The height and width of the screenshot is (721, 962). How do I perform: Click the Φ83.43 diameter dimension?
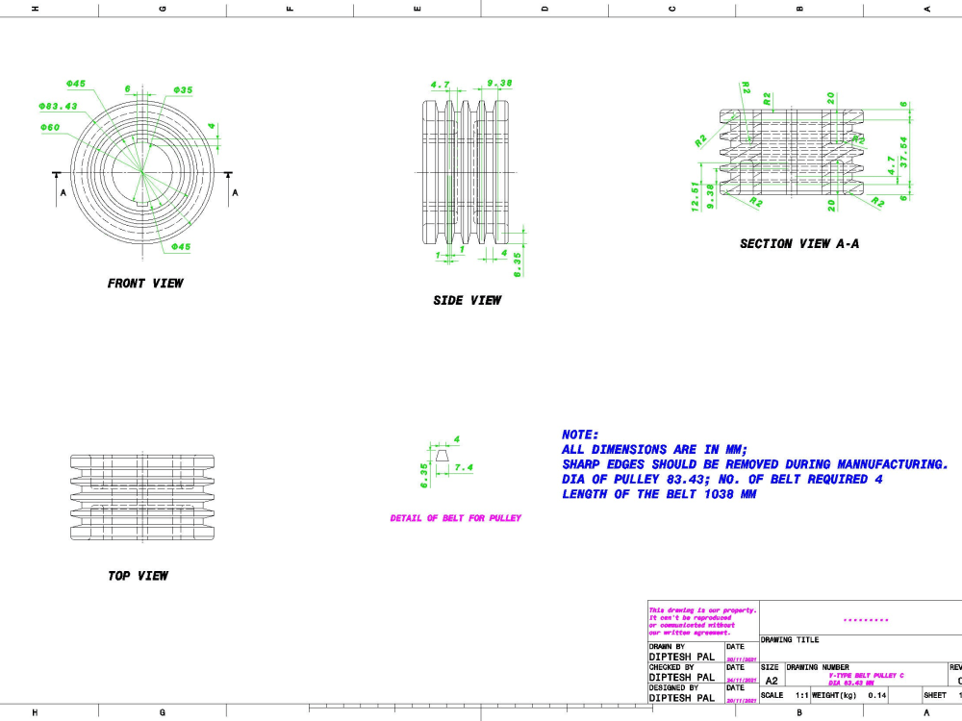click(x=58, y=106)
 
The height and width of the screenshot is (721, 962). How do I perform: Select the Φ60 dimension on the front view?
click(x=50, y=128)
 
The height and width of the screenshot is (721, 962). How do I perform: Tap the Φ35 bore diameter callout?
click(x=183, y=89)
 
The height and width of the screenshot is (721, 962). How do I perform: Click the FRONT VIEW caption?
click(x=144, y=284)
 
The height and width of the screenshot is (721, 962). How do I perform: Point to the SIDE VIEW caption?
click(x=467, y=301)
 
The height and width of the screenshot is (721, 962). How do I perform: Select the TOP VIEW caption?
click(x=138, y=576)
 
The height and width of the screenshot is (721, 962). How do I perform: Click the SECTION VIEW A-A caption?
click(x=798, y=244)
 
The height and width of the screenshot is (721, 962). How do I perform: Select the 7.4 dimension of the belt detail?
click(x=464, y=468)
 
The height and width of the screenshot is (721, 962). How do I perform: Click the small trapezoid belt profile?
click(x=442, y=459)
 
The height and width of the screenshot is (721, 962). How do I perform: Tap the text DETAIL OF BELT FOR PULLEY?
click(x=455, y=518)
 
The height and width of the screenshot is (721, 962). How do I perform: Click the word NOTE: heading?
click(x=580, y=435)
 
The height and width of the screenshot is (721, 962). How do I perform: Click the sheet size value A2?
click(x=772, y=680)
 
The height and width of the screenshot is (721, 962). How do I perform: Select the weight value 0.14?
click(x=876, y=694)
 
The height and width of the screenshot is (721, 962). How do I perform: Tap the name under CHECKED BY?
click(x=681, y=678)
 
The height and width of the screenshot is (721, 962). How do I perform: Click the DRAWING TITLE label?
click(x=790, y=639)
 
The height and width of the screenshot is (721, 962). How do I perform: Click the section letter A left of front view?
click(x=63, y=192)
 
